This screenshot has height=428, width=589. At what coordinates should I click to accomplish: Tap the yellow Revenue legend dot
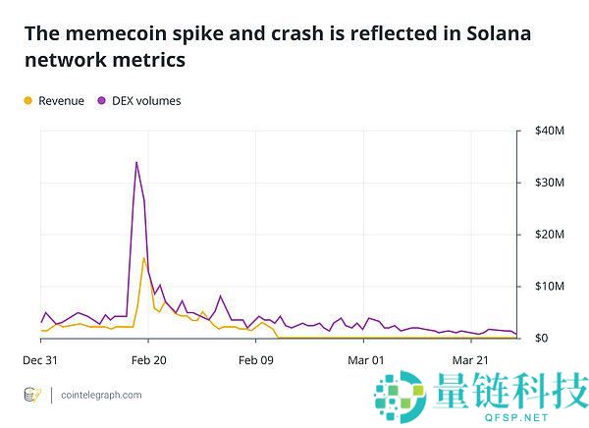tap(27, 100)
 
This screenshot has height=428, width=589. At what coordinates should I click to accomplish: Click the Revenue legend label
tap(61, 100)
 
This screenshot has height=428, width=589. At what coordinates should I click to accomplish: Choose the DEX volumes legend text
tap(146, 100)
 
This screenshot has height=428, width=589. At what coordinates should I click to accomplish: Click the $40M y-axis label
tap(548, 131)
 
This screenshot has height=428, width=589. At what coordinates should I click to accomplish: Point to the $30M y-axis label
tap(548, 183)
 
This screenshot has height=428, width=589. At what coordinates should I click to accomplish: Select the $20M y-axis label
tap(548, 235)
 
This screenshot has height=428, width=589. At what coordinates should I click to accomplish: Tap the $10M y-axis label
tap(548, 287)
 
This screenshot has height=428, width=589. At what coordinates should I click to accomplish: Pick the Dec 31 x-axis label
tap(40, 360)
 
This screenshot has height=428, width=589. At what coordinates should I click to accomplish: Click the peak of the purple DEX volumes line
tap(136, 162)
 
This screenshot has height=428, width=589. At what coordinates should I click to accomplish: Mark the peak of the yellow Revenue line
tap(144, 258)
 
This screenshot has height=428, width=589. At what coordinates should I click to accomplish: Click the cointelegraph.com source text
tap(101, 396)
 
